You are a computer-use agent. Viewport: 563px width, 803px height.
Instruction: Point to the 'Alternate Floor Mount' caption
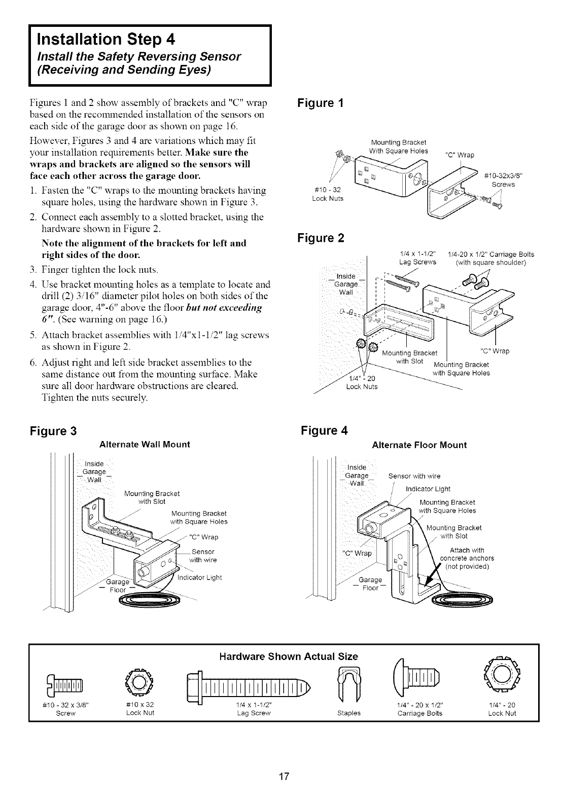click(x=419, y=445)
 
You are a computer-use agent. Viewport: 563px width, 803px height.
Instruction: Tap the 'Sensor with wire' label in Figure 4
click(x=414, y=476)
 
